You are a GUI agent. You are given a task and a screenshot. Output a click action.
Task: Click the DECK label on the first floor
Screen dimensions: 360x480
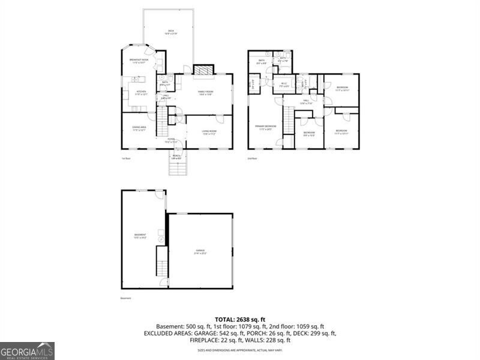pyautogui.click(x=171, y=32)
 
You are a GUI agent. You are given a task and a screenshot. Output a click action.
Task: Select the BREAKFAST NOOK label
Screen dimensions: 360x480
pyautogui.click(x=139, y=61)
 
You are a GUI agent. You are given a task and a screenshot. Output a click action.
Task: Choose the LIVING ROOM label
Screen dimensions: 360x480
pyautogui.click(x=209, y=132)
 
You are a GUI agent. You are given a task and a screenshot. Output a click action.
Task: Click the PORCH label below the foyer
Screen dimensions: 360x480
pyautogui.click(x=176, y=157)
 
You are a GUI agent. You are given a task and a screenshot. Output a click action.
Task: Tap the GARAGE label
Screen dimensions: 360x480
pyautogui.click(x=200, y=251)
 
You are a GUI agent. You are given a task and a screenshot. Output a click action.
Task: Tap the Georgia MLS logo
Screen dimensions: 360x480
pyautogui.click(x=27, y=350)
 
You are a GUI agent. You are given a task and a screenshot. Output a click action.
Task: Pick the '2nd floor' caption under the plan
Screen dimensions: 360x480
pyautogui.click(x=253, y=159)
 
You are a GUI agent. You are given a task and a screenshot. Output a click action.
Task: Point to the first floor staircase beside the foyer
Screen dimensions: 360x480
pyautogui.click(x=161, y=122)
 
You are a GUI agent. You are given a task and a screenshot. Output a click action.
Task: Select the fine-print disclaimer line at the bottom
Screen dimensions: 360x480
pyautogui.click(x=240, y=349)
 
